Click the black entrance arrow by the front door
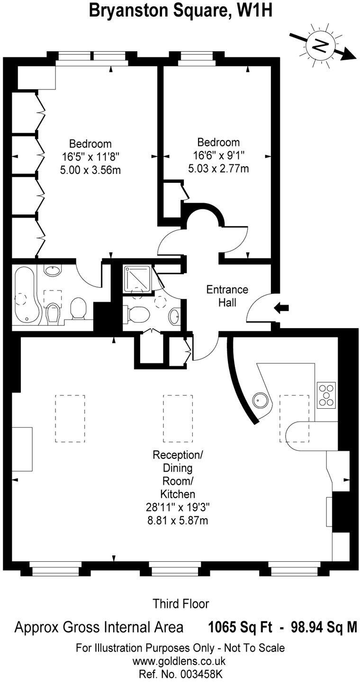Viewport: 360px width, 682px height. point(282,308)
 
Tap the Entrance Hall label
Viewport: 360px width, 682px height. point(227,296)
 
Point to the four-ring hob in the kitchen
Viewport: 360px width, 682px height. point(326,395)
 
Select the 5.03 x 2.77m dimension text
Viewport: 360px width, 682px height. point(218,168)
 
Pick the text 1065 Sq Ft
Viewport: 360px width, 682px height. point(240,628)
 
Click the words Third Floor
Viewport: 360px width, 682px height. point(180,603)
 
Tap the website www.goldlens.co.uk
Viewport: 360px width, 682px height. point(180,661)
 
